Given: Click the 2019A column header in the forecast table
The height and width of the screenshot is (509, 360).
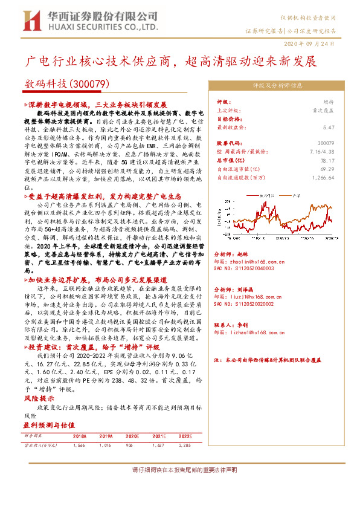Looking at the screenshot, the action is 106,435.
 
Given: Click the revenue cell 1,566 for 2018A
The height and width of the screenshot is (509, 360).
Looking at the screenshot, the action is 79,444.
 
